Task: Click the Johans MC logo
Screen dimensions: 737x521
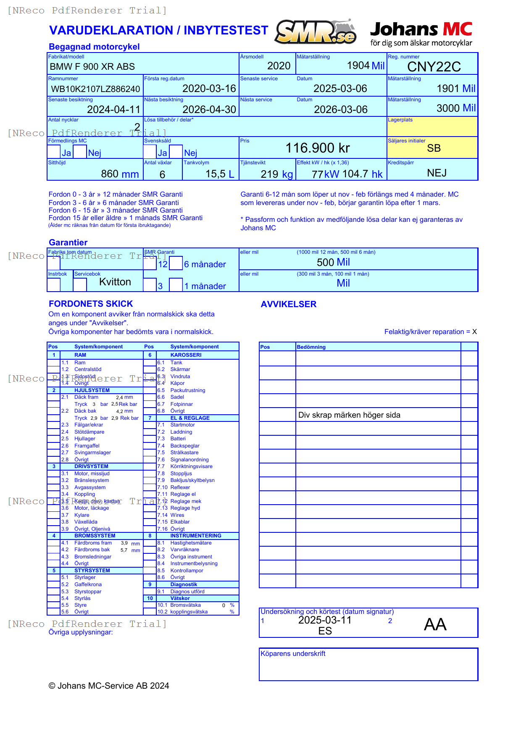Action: [421, 34]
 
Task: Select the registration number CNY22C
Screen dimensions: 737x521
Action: [434, 67]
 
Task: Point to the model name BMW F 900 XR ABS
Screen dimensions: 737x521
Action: [92, 67]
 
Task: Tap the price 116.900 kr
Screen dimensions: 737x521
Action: [317, 148]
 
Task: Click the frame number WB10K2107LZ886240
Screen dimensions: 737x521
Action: [95, 89]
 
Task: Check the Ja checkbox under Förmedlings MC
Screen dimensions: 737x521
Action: [54, 152]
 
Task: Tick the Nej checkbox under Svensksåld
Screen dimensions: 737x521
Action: [176, 152]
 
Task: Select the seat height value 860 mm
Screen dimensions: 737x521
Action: [120, 174]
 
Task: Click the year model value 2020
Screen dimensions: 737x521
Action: [279, 66]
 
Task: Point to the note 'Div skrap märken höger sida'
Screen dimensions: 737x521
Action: [349, 415]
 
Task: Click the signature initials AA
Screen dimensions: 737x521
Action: [435, 624]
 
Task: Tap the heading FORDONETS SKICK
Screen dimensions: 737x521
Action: [91, 304]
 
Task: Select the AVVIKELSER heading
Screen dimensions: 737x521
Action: [288, 304]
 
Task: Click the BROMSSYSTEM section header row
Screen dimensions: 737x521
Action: [95, 536]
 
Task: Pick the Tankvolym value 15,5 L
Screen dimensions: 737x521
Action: [219, 174]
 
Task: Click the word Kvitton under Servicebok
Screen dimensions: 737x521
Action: [115, 282]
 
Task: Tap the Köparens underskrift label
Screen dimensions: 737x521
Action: [293, 654]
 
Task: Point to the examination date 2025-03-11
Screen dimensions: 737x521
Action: [324, 620]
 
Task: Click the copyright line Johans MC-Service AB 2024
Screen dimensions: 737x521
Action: [109, 686]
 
